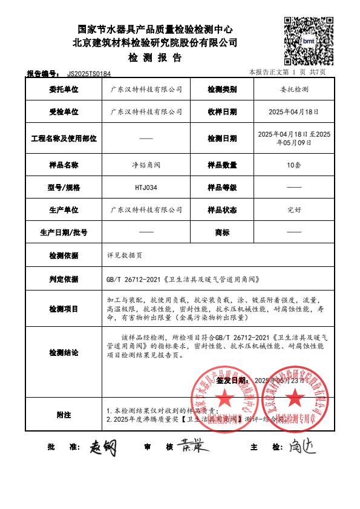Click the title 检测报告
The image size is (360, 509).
pyautogui.click(x=154, y=58)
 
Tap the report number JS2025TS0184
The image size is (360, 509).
pyautogui.click(x=89, y=73)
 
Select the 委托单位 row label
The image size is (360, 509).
pyautogui.click(x=64, y=89)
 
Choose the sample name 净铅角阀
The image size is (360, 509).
pyautogui.click(x=125, y=165)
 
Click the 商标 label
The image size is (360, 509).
pyautogui.click(x=222, y=232)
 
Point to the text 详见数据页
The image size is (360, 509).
pyautogui.click(x=124, y=255)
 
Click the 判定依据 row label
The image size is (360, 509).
pyautogui.click(x=64, y=279)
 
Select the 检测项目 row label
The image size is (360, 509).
pyautogui.click(x=64, y=309)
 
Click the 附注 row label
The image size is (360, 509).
pyautogui.click(x=64, y=415)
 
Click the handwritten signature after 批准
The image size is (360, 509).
pyautogui.click(x=103, y=447)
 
